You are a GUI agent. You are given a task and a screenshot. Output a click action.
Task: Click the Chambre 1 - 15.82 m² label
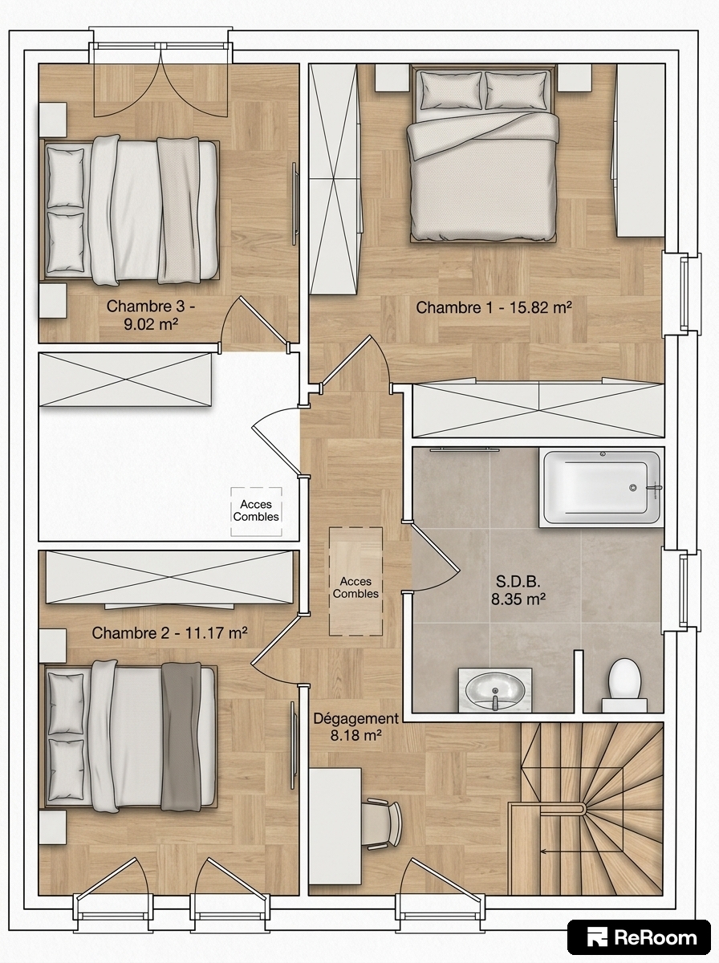point(494,307)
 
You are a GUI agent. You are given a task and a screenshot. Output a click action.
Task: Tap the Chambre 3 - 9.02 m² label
point(151,315)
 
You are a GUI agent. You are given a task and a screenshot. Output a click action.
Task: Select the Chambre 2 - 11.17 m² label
point(169,633)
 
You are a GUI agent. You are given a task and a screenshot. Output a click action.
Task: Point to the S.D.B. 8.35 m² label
point(518,590)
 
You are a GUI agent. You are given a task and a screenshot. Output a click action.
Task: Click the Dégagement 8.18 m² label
point(355,726)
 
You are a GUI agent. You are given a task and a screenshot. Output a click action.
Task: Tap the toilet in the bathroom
point(624,690)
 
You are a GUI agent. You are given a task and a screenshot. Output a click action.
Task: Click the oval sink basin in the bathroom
point(495,694)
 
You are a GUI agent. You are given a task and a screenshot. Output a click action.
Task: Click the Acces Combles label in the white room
point(256,510)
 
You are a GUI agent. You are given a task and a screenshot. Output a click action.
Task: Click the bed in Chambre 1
point(483,152)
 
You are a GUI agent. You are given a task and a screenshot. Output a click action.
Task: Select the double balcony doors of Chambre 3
point(161,80)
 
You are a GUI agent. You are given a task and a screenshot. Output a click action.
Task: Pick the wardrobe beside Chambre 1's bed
point(335,179)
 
